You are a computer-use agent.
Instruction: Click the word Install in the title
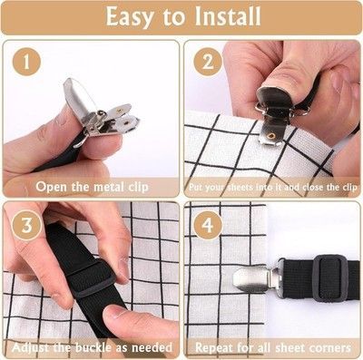pyautogui.click(x=227, y=16)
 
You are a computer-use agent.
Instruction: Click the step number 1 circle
pyautogui.click(x=26, y=63)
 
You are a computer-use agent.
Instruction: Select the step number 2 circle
pyautogui.click(x=208, y=62)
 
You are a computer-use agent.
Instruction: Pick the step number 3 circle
pyautogui.click(x=26, y=225)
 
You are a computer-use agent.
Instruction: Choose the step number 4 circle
pyautogui.click(x=208, y=225)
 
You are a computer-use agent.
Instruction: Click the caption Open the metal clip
pyautogui.click(x=92, y=187)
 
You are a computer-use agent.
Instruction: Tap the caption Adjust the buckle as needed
pyautogui.click(x=92, y=347)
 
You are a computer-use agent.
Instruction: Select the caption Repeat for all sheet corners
pyautogui.click(x=273, y=347)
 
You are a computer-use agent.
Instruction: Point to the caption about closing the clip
pyautogui.click(x=273, y=187)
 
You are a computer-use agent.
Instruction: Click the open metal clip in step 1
pyautogui.click(x=100, y=111)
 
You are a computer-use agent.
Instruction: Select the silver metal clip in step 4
pyautogui.click(x=257, y=279)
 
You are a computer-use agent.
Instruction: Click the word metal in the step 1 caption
pyautogui.click(x=109, y=187)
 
